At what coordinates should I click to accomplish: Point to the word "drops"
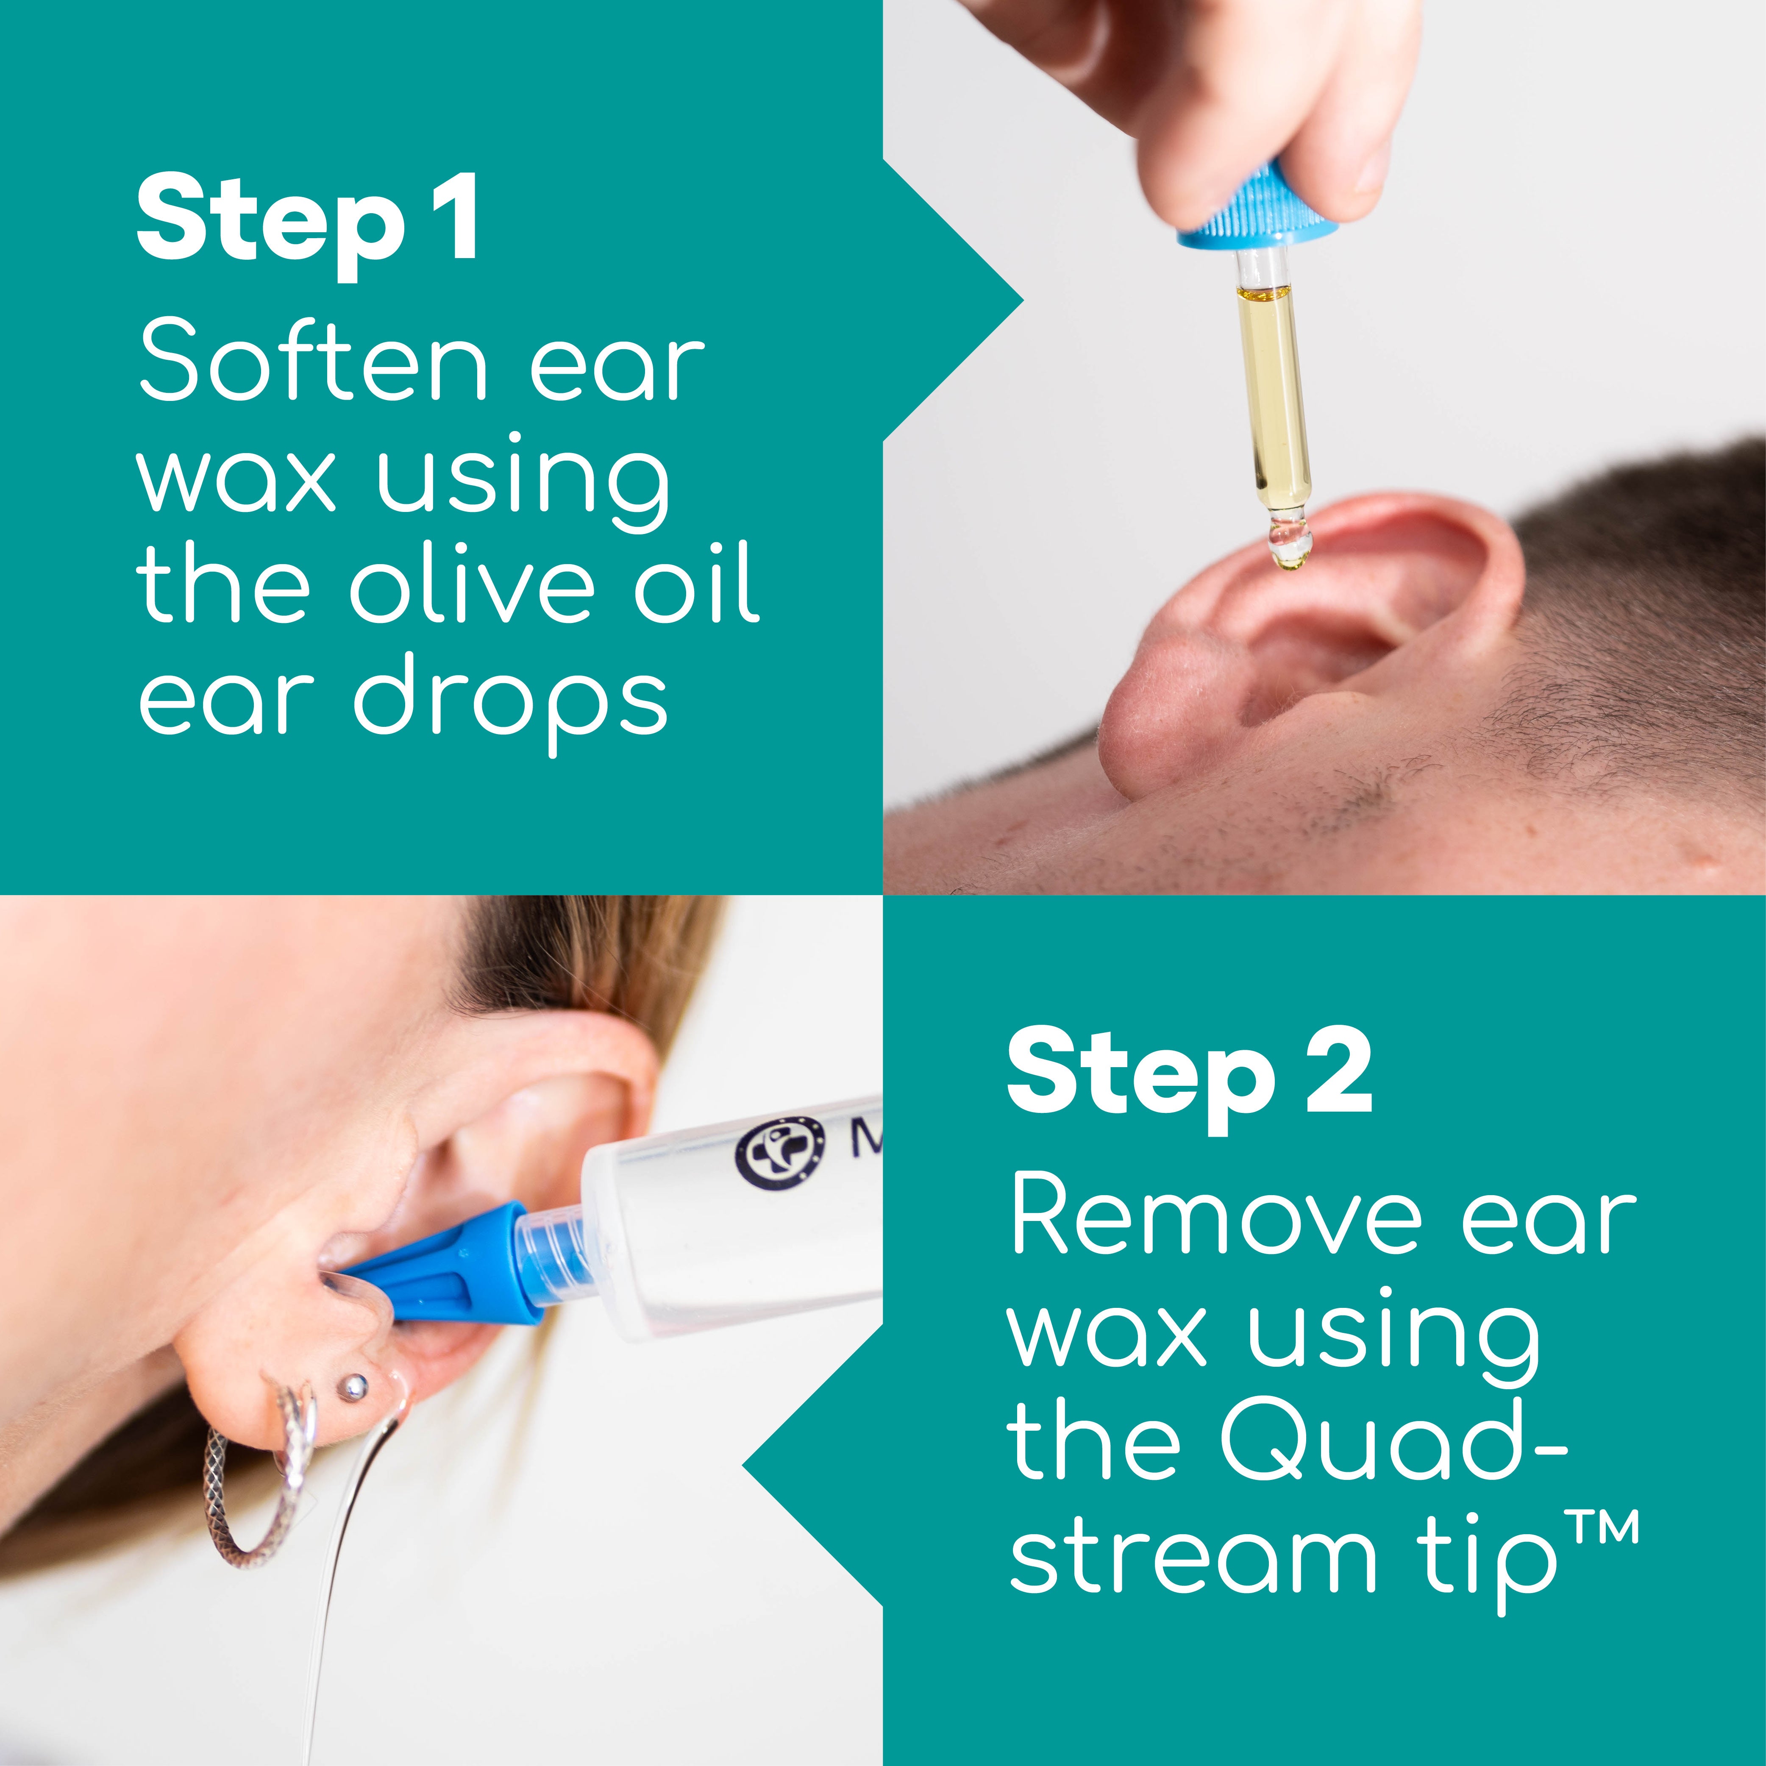(x=512, y=704)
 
